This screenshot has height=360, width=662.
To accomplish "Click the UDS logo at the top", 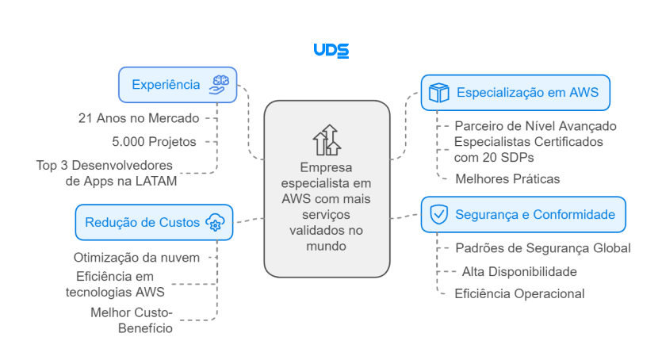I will click(x=331, y=50).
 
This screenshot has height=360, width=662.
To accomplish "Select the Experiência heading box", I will click(x=177, y=85).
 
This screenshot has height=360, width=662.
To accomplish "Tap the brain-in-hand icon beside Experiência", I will click(x=220, y=85).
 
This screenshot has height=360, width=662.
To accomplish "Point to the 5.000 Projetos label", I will click(x=165, y=141).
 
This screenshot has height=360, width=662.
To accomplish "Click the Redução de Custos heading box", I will click(x=154, y=222).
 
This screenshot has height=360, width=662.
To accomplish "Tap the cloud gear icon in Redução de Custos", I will click(x=215, y=222).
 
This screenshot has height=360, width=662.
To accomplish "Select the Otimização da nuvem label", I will click(x=136, y=257).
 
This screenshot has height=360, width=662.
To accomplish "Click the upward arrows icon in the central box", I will click(x=327, y=140).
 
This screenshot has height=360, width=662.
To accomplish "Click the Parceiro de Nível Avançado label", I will click(x=535, y=125).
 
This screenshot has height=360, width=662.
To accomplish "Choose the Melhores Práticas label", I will click(x=507, y=178).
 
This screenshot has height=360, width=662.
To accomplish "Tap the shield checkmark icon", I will click(x=438, y=214).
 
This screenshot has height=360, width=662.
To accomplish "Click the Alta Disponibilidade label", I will click(x=519, y=271).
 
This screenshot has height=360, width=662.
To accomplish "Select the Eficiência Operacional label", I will click(x=519, y=293).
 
